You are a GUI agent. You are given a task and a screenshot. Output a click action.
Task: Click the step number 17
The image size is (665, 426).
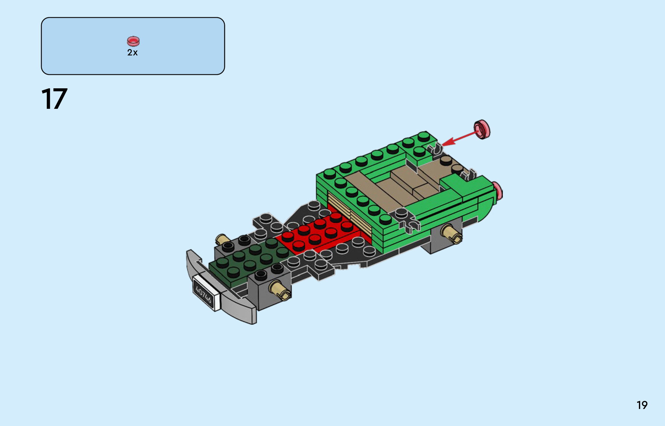tap(54, 99)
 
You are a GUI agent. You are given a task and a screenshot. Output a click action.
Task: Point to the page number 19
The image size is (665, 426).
tap(642, 405)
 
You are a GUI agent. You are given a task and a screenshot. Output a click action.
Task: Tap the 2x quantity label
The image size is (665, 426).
tap(133, 53)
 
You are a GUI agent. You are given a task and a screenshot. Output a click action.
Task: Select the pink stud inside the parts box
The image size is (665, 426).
tap(133, 41)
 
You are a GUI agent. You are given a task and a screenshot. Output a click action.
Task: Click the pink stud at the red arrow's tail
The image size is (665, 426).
tap(482, 129)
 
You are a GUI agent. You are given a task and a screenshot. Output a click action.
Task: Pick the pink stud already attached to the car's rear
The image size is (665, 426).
tap(498, 192)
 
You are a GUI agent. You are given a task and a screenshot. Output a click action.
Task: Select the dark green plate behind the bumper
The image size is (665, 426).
tap(248, 261)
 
